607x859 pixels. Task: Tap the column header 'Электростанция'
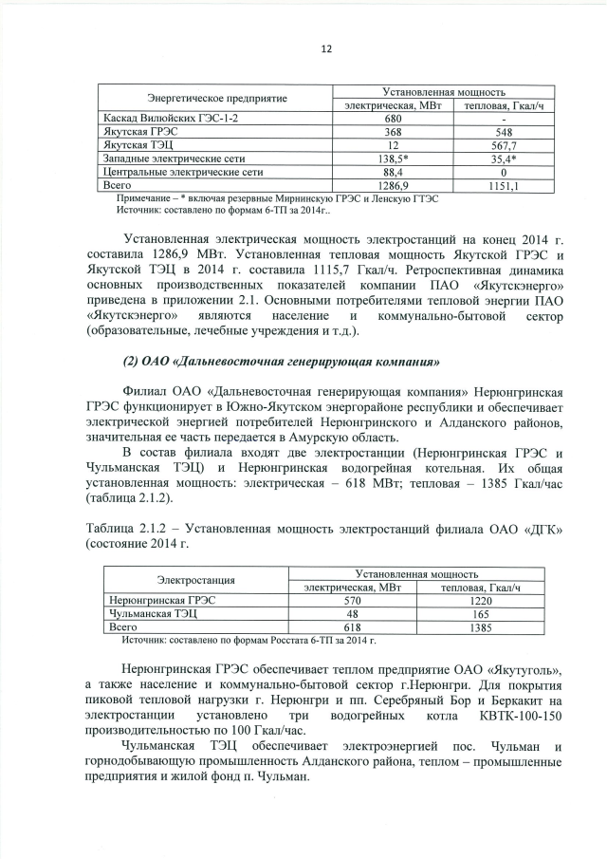pyautogui.click(x=194, y=579)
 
